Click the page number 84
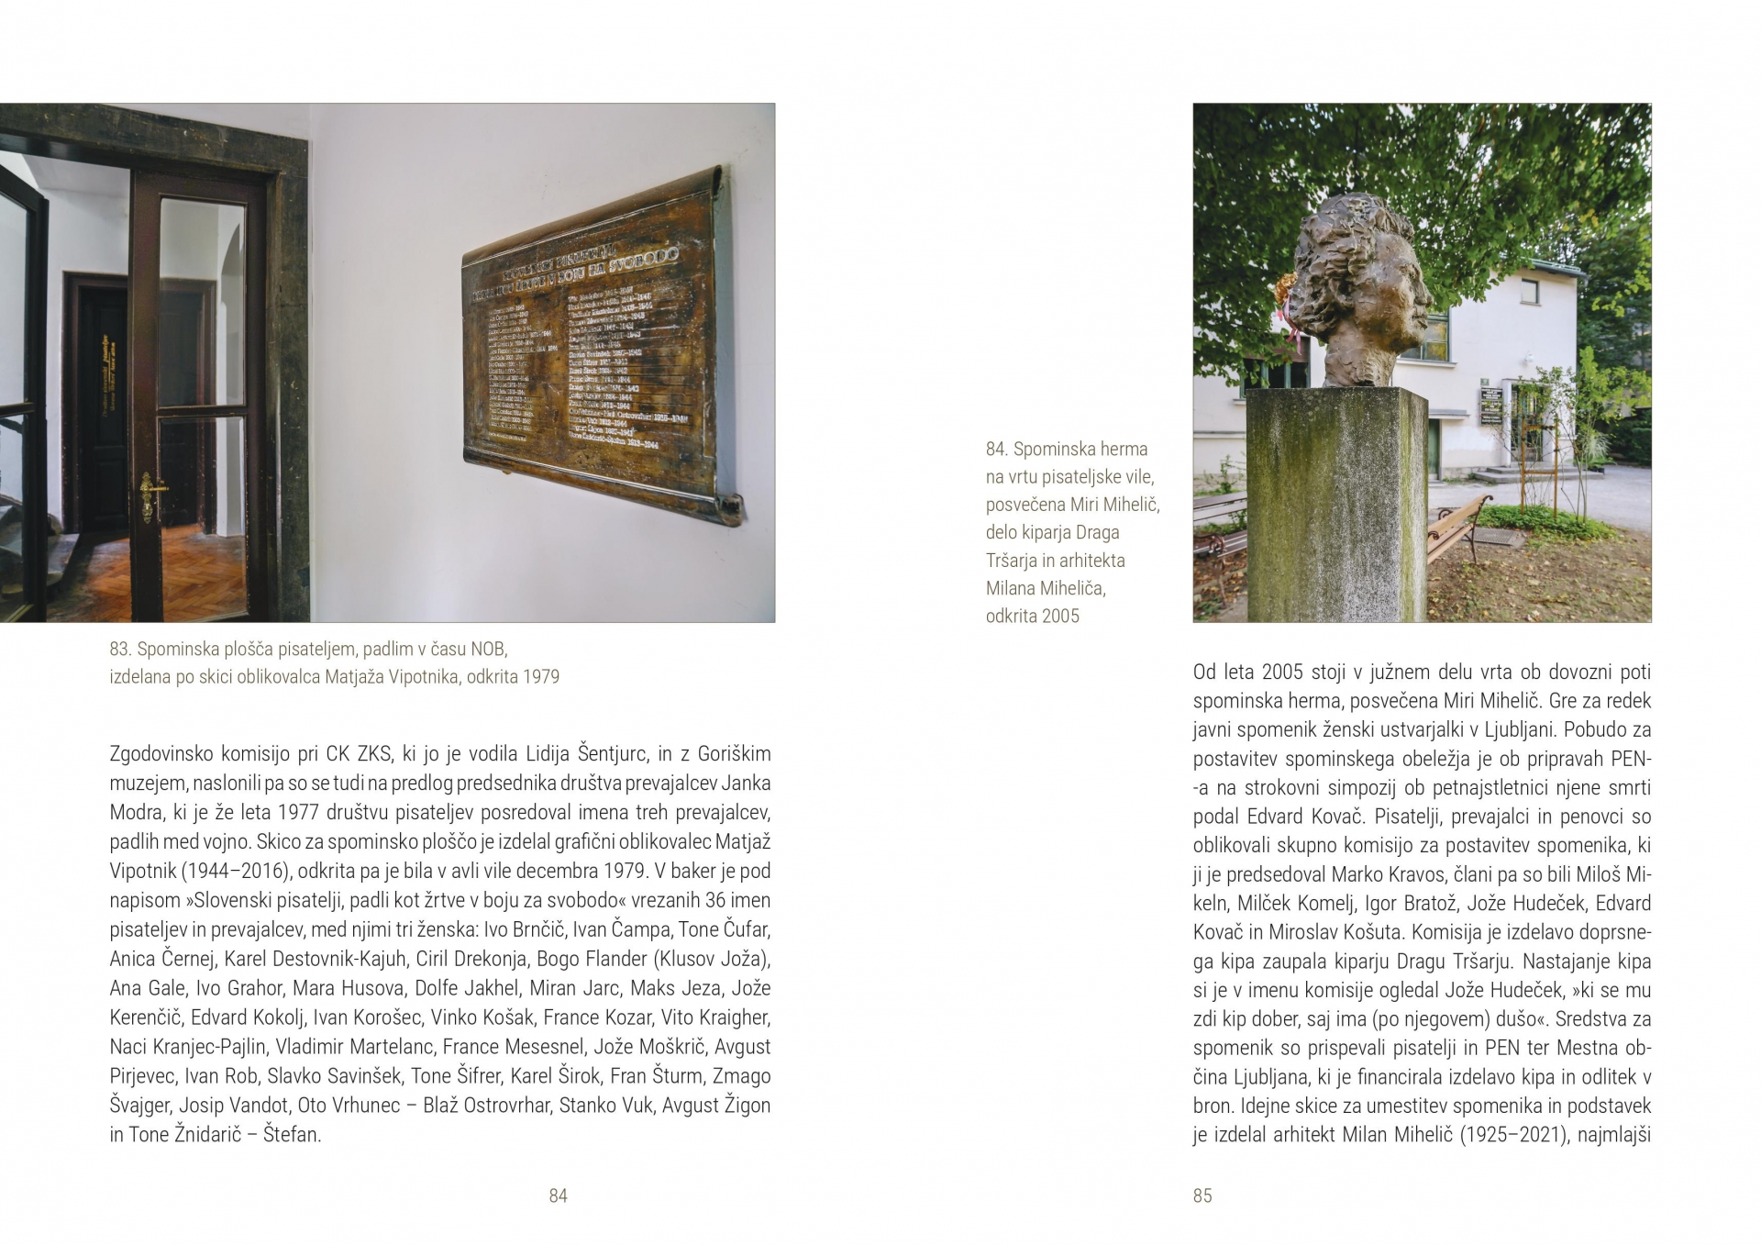point(558,1195)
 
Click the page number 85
point(1202,1195)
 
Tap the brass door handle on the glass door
point(150,495)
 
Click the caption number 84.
point(996,449)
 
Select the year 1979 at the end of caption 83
point(541,677)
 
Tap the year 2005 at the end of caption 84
point(1059,616)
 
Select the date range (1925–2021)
point(1512,1135)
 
